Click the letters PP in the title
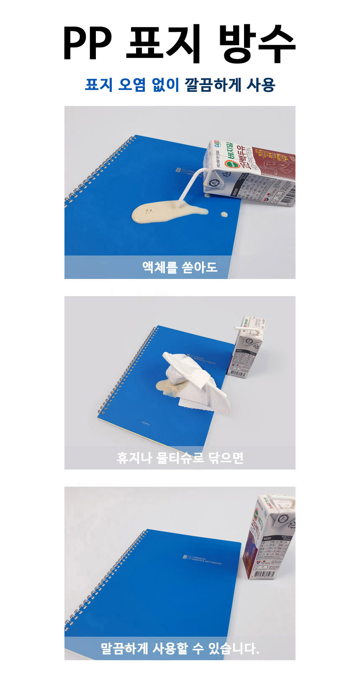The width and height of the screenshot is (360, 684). click(87, 43)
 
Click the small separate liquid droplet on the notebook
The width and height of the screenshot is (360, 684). click(224, 214)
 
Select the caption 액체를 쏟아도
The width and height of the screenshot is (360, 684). click(180, 267)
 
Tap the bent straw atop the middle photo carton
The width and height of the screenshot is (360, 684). click(247, 326)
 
